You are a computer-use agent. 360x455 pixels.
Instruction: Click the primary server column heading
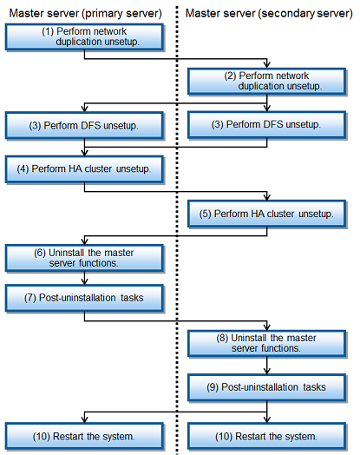point(86,13)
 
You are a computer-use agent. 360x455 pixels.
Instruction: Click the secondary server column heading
point(269,13)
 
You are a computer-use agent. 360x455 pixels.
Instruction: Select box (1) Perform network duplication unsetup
point(84,36)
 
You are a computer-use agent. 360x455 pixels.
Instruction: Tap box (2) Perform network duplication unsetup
point(267,82)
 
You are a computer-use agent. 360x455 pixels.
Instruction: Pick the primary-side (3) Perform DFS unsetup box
point(84,125)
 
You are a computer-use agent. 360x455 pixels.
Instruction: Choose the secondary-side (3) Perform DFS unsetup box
point(267,124)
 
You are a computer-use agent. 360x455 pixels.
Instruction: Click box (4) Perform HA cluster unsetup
point(84,169)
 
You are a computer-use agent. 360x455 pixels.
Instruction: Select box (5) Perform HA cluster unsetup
point(267,214)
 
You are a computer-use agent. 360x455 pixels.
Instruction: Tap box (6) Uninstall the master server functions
point(84,258)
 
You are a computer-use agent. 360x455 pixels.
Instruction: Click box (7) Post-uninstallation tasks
point(84,298)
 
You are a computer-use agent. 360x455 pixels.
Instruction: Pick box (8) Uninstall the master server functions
point(267,343)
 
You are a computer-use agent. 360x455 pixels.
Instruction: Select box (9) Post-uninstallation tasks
point(267,387)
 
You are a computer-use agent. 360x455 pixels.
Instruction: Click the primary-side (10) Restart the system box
point(84,436)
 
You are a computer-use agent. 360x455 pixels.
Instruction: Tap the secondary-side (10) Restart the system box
point(267,436)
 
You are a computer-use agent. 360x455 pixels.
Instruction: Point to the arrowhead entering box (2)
point(267,65)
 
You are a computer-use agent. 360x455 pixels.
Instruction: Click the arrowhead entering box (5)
point(267,197)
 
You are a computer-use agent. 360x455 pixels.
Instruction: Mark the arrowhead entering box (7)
point(84,281)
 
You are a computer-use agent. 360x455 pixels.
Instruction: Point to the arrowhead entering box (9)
point(267,371)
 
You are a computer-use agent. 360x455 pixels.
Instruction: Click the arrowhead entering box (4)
point(84,153)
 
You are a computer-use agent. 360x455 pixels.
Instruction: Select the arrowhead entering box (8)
point(267,326)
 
